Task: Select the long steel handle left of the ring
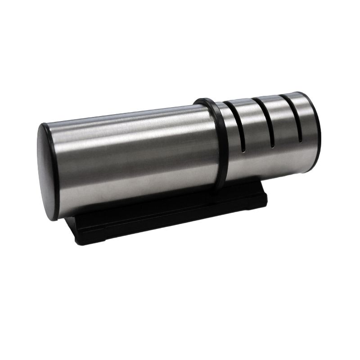pos(130,157)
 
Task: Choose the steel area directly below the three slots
pos(270,162)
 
